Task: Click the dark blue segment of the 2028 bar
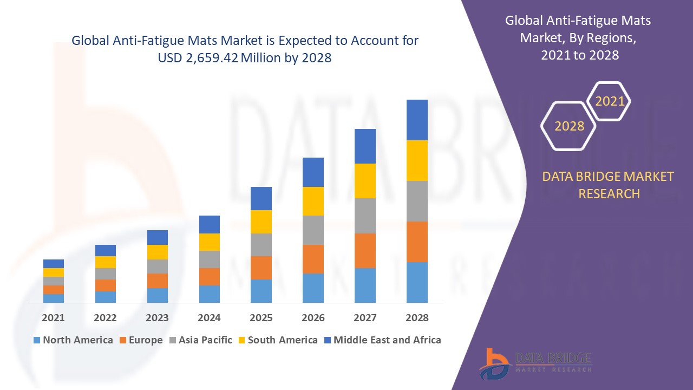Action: click(x=417, y=120)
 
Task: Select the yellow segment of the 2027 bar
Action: click(x=365, y=180)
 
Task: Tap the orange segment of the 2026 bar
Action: click(x=313, y=259)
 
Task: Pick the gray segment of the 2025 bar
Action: click(x=261, y=245)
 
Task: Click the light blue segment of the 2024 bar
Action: click(x=210, y=294)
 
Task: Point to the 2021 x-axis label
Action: click(x=53, y=318)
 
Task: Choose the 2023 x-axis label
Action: click(x=157, y=318)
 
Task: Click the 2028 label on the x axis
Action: click(x=417, y=318)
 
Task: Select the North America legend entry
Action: click(x=73, y=340)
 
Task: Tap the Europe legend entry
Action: click(x=140, y=340)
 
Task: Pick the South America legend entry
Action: click(x=277, y=340)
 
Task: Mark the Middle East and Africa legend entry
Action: click(x=382, y=340)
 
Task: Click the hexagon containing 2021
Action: click(x=610, y=101)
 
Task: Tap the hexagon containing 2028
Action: click(x=569, y=126)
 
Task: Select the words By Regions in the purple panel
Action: click(x=604, y=38)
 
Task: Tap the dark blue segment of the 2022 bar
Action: click(x=106, y=250)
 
